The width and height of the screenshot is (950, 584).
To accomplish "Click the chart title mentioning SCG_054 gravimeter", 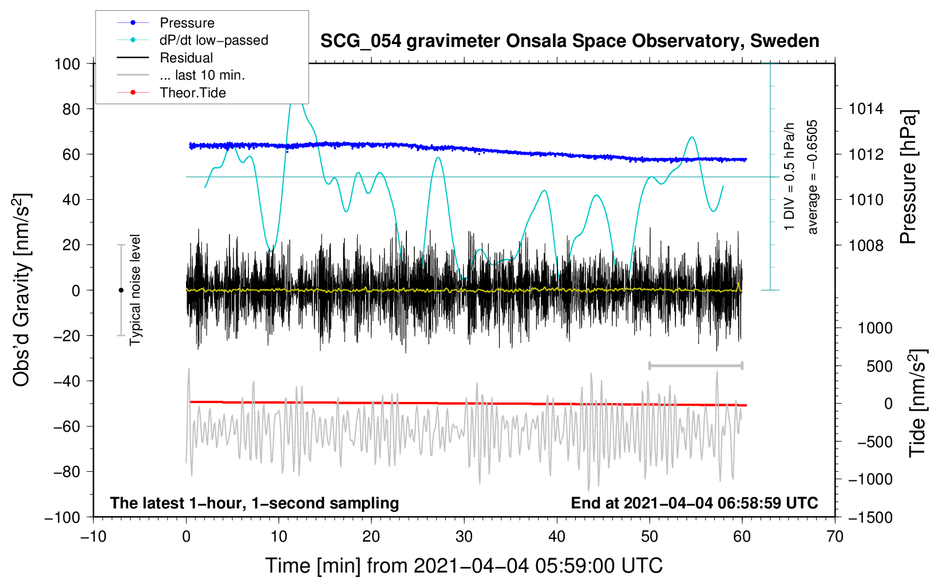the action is click(x=569, y=41).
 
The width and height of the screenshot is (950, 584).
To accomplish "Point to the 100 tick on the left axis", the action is click(x=68, y=64).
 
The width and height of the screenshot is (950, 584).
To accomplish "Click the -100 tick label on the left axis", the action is click(x=62, y=518).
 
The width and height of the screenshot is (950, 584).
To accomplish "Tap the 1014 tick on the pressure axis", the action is click(x=866, y=109).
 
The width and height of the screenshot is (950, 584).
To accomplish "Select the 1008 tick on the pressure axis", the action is click(x=866, y=245).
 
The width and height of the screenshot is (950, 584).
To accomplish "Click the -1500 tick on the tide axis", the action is click(x=870, y=518).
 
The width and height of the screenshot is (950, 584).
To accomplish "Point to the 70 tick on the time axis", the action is click(x=834, y=536).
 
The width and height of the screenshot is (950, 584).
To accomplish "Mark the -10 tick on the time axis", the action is click(x=93, y=536).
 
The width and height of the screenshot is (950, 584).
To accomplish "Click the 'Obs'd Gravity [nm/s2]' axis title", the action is click(x=22, y=290).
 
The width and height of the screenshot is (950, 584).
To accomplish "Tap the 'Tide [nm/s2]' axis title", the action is click(x=917, y=403).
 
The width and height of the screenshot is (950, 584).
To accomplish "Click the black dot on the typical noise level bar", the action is click(x=121, y=290).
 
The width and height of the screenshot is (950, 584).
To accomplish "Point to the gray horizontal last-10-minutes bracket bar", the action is click(x=695, y=365).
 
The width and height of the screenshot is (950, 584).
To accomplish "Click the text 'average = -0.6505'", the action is click(x=812, y=177).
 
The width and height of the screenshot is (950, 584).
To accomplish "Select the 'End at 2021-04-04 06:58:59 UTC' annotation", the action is click(x=694, y=503).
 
